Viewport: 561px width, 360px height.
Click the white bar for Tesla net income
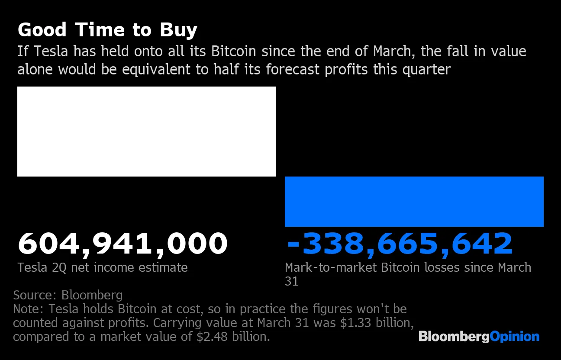point(146,131)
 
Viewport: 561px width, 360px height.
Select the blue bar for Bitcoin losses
point(414,201)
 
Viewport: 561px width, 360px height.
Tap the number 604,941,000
point(122,243)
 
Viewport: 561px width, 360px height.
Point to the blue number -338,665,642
point(399,243)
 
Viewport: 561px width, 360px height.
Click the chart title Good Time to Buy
point(107,30)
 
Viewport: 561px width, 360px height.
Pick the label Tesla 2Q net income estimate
point(103,267)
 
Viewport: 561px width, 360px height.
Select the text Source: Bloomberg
point(68,295)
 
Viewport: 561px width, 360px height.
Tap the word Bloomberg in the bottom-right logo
point(454,337)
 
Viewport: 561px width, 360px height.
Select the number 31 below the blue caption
point(292,281)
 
